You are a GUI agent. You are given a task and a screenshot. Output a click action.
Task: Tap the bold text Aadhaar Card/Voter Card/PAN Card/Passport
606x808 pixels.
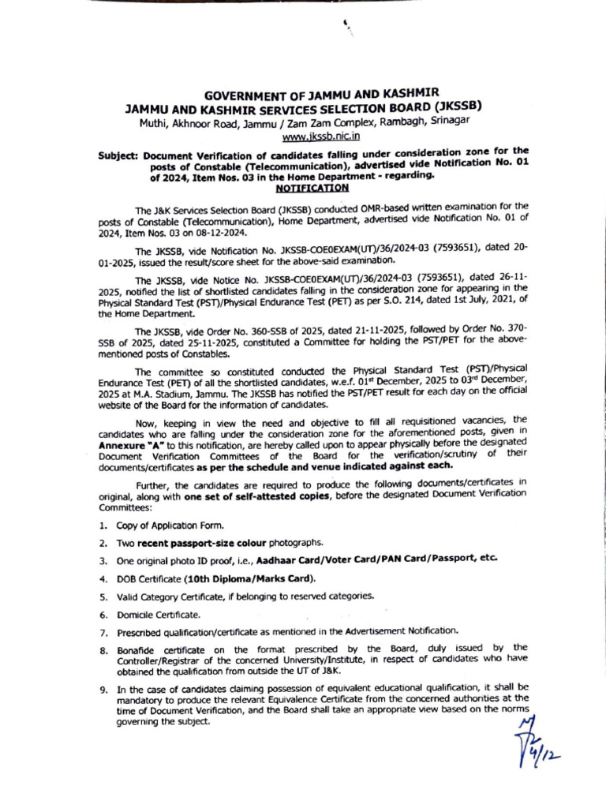pyautogui.click(x=390, y=559)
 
